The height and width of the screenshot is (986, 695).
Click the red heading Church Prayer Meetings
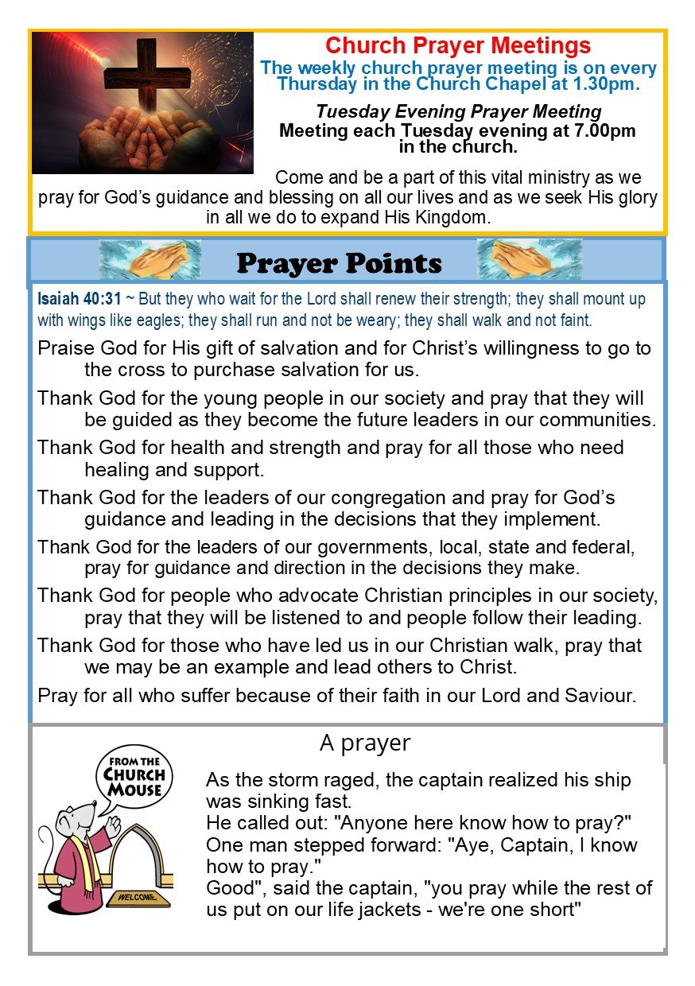pyautogui.click(x=458, y=45)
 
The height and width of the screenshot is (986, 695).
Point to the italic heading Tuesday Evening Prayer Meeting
pyautogui.click(x=458, y=112)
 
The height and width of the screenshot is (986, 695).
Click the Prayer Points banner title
pyautogui.click(x=340, y=262)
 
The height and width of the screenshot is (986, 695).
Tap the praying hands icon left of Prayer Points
pyautogui.click(x=149, y=260)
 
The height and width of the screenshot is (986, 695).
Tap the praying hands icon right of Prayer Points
pyautogui.click(x=529, y=260)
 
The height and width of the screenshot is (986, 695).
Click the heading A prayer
pyautogui.click(x=365, y=743)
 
